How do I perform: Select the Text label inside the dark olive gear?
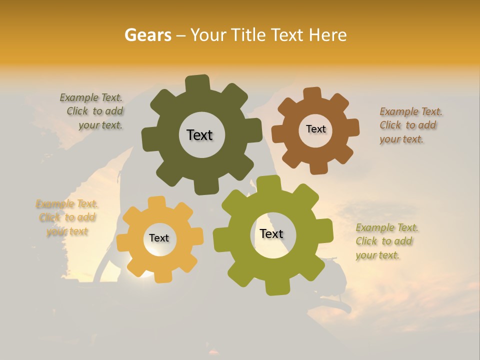(x=199, y=135)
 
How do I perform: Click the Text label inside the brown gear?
(x=315, y=129)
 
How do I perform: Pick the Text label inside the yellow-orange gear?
(x=159, y=238)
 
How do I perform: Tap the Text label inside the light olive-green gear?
(x=271, y=234)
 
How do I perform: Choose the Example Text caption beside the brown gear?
(x=410, y=125)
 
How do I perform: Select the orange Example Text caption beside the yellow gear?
(x=67, y=217)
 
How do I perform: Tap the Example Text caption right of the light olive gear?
(x=386, y=241)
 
